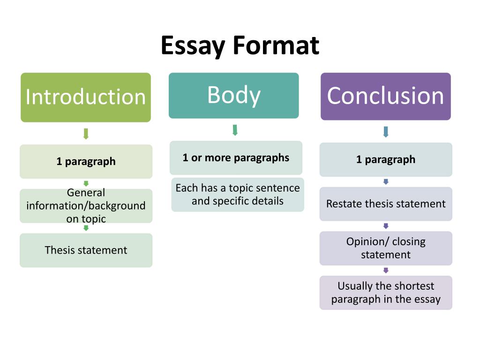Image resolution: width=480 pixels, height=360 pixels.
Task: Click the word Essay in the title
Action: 193,46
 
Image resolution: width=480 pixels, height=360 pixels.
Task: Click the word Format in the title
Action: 276,45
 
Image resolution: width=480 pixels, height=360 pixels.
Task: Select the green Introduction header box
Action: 86,97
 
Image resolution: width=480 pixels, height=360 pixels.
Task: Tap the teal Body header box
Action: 234,96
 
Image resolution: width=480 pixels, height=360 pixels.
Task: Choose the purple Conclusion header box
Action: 386,97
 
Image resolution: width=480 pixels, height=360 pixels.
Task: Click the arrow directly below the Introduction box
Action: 86,134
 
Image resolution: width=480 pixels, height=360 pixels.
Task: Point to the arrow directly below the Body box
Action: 235,130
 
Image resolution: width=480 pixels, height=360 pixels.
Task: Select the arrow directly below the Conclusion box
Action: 386,132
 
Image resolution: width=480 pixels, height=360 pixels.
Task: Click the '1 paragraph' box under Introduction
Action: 86,162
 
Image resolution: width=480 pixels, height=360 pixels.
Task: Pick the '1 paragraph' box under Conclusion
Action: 386,159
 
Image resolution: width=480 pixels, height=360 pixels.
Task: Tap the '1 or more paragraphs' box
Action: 236,158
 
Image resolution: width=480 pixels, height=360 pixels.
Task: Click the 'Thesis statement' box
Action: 86,250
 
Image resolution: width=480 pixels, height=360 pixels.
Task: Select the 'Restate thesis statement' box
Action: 386,204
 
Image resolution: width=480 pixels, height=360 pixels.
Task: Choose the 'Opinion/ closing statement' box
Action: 386,248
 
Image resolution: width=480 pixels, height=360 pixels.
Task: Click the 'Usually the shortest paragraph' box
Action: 386,292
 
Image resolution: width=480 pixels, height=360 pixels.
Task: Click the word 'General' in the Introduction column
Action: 86,193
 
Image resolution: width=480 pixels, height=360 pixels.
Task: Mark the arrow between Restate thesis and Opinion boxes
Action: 386,226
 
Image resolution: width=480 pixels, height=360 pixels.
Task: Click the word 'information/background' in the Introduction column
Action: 86,206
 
